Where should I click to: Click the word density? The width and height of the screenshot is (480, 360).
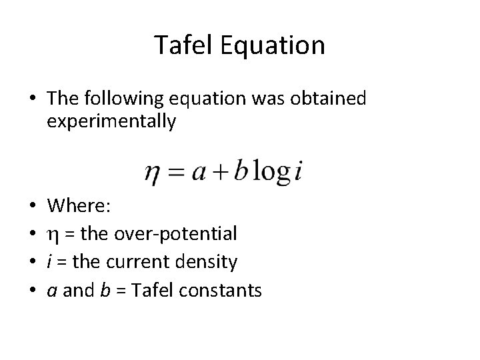pyautogui.click(x=208, y=263)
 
